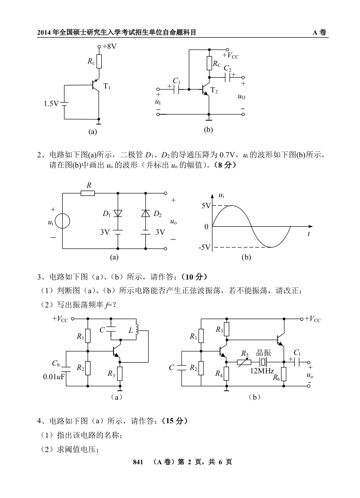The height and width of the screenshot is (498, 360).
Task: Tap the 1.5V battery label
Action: coord(51,104)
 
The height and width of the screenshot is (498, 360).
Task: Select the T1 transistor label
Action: coord(107,87)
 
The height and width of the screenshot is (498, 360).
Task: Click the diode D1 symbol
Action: coord(117,214)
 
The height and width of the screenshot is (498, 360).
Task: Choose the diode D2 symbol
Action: coord(145,214)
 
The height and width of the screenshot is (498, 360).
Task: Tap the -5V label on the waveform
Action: coord(203,247)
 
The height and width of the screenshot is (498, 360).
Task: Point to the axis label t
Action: coord(309,234)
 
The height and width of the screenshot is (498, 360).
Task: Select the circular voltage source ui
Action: coord(62,221)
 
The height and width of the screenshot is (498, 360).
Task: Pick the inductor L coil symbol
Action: coord(137,330)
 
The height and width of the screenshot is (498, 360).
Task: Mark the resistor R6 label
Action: coord(276,377)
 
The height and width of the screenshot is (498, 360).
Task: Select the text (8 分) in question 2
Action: coord(223,165)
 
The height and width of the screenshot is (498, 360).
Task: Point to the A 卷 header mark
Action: coord(320,33)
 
